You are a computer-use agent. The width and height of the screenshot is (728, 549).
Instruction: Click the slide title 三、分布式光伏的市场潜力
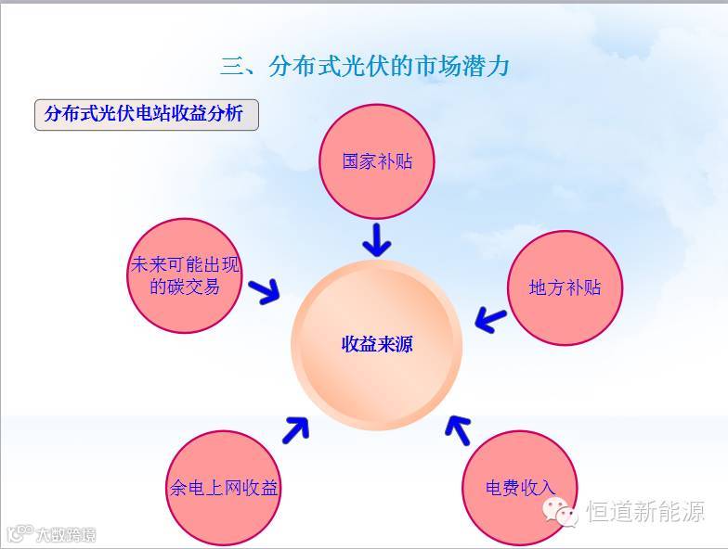[365, 67]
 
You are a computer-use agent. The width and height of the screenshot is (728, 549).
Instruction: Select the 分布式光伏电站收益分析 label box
[146, 114]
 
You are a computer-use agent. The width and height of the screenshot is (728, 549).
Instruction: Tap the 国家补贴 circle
[376, 161]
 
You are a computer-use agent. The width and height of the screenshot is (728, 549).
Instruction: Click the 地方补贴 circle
[565, 287]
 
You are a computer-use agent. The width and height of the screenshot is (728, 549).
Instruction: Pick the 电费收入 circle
[519, 487]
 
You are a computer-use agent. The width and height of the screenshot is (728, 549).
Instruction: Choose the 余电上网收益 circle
[223, 487]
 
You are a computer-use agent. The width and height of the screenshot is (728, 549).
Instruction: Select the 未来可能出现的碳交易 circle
[184, 275]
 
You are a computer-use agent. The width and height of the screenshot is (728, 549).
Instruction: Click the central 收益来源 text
[377, 344]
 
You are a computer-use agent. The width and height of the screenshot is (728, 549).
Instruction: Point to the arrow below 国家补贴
[376, 239]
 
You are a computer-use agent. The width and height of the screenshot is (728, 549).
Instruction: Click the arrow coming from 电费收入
[458, 428]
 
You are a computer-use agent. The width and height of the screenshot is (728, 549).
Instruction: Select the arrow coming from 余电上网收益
[295, 428]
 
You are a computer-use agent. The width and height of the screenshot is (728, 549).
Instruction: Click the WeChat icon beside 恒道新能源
[562, 511]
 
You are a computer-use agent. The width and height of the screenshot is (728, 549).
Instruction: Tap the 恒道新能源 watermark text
[645, 512]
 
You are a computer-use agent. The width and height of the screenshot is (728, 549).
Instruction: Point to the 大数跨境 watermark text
[65, 535]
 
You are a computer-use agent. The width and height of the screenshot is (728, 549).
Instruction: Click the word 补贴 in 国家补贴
[395, 161]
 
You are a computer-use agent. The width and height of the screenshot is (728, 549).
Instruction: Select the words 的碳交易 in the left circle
[185, 287]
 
